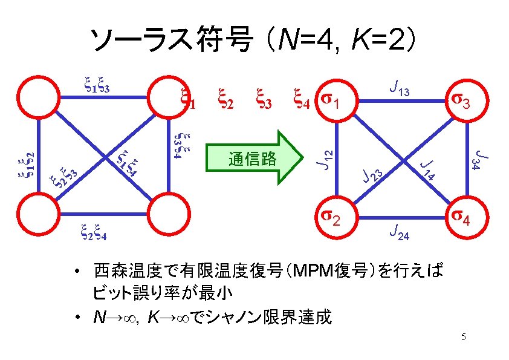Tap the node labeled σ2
pyautogui.click(x=334, y=217)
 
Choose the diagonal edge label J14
pyautogui.click(x=429, y=169)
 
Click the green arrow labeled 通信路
pyautogui.click(x=254, y=159)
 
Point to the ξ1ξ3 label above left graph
pyautogui.click(x=96, y=85)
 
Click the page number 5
pyautogui.click(x=463, y=336)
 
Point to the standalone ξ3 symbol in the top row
pyautogui.click(x=262, y=99)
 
